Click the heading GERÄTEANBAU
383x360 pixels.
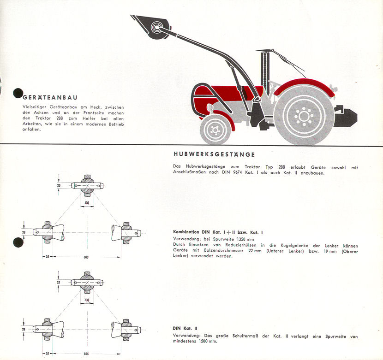pos(50,97)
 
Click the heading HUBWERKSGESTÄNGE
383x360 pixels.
pos(214,154)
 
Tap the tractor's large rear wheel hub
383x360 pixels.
pos(304,116)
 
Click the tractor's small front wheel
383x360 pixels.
pos(215,130)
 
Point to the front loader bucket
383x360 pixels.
pos(152,26)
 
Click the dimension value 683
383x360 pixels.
pos(86,257)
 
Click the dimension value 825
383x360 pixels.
pos(86,354)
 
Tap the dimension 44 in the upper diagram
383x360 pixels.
pos(87,202)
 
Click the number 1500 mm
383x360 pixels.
pos(208,341)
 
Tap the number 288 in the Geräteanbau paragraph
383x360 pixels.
pos(60,118)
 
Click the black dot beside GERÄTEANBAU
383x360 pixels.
pos(18,93)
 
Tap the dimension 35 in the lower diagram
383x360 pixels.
pos(48,354)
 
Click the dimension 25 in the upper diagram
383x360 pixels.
pos(59,185)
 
